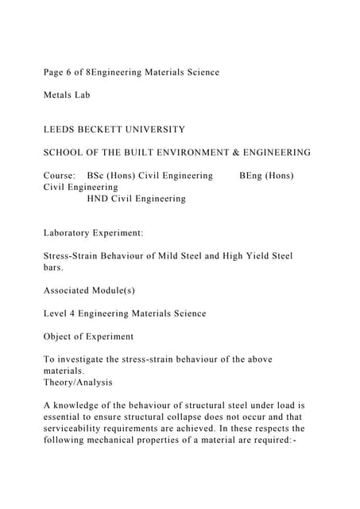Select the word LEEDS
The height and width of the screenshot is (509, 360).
(60, 129)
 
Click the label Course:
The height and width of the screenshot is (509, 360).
(60, 175)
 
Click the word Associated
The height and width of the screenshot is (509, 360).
(71, 290)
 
